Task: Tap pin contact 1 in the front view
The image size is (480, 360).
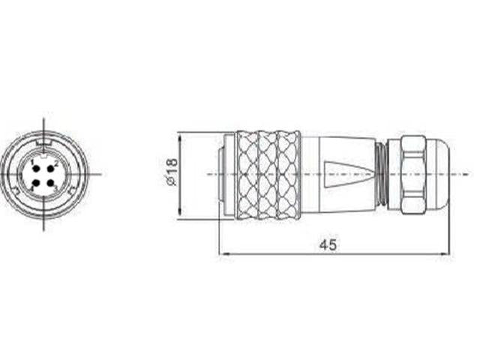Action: (35, 168)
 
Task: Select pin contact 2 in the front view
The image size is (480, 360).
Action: (51, 168)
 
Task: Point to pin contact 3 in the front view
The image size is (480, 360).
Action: (51, 182)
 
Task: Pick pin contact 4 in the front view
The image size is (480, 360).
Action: (35, 182)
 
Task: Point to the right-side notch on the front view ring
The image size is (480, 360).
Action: (71, 193)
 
